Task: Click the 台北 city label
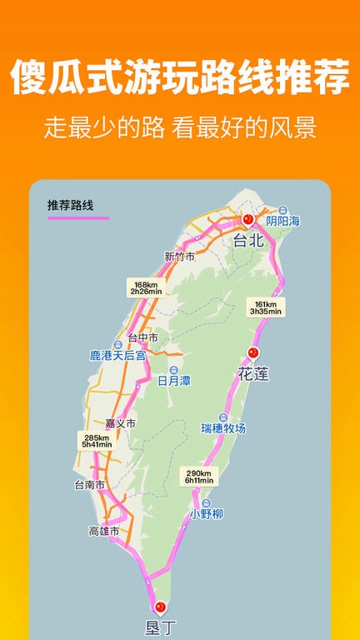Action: pos(247,241)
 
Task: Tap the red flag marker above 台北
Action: pos(247,220)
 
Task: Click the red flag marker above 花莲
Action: pos(254,352)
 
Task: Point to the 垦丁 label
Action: pos(160,627)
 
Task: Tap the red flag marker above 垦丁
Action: pos(160,607)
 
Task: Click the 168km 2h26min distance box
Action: pos(145,287)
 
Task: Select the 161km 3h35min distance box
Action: pos(265,307)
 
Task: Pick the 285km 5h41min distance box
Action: pos(97,441)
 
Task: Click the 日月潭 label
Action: pos(173,380)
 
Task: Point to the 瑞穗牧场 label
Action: pos(223,427)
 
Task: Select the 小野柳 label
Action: pos(205,513)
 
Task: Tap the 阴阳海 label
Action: pos(283,221)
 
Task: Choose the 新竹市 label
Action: pos(179,257)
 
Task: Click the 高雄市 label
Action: pos(104,530)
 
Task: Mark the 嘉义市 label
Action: pos(120,423)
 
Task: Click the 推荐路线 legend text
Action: pos(71,205)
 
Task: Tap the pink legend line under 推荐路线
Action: pos(78,217)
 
